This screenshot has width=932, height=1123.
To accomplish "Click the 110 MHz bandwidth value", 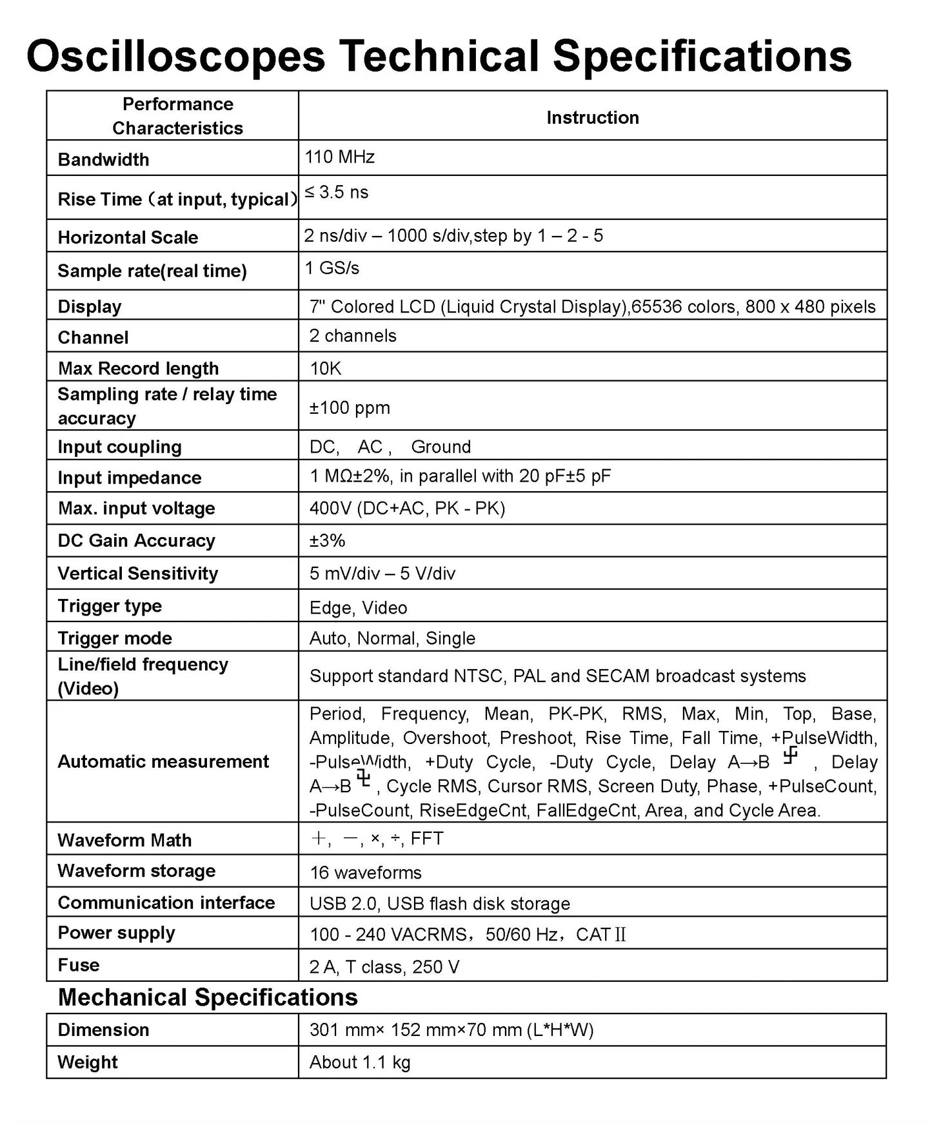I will click(x=339, y=157).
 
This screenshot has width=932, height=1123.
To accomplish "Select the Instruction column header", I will click(x=592, y=117).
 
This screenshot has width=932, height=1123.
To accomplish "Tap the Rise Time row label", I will click(x=177, y=199).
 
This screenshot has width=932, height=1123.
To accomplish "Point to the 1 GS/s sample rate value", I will click(x=332, y=268).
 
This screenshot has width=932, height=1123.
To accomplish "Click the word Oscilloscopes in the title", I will click(x=175, y=56).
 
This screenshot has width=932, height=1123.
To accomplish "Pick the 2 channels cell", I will click(x=352, y=336).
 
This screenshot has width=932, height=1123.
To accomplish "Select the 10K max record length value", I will click(x=325, y=368).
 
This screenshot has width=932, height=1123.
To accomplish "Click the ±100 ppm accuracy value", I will click(x=349, y=407).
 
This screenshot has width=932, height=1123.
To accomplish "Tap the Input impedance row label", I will click(x=129, y=478).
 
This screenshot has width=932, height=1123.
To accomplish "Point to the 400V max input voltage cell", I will click(x=407, y=509).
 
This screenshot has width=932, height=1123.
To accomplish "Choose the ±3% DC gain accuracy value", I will click(x=327, y=540).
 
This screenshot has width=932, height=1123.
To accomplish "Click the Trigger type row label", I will click(x=110, y=606).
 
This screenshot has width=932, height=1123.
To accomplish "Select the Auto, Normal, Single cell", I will click(x=392, y=638).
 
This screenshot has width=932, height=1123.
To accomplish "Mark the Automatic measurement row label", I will click(x=163, y=761).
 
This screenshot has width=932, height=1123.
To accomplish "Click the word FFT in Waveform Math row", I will click(x=427, y=839).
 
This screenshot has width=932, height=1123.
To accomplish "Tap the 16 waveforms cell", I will click(x=365, y=872).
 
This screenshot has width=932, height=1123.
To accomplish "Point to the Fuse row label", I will click(x=79, y=965).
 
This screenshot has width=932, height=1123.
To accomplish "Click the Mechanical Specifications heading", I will click(x=208, y=997).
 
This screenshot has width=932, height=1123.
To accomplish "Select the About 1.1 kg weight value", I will click(x=359, y=1062).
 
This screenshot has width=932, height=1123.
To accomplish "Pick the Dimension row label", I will click(x=103, y=1030).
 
